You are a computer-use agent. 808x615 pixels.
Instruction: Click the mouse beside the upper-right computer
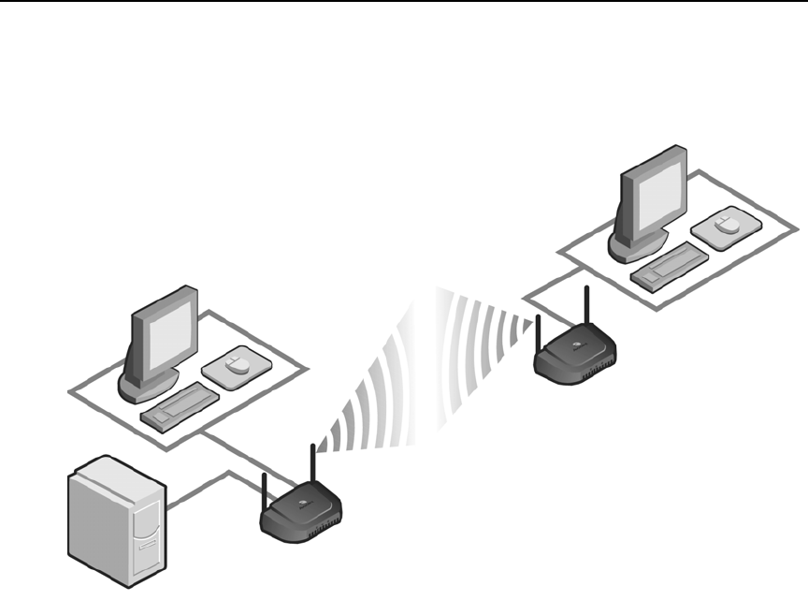(722, 226)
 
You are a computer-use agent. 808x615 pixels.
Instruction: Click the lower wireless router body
(301, 513)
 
